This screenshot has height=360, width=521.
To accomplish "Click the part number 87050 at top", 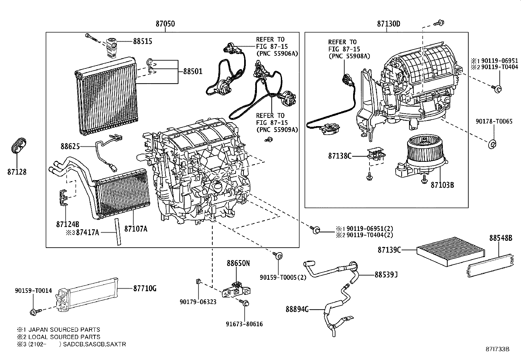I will pyautogui.click(x=165, y=24).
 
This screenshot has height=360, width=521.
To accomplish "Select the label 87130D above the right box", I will pyautogui.click(x=388, y=24).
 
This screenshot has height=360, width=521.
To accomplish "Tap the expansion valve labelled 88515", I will pyautogui.click(x=110, y=46).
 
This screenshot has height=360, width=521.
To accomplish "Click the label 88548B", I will pyautogui.click(x=500, y=238).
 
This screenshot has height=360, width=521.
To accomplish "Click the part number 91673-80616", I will pyautogui.click(x=244, y=324).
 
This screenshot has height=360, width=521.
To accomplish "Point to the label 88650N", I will pyautogui.click(x=238, y=263).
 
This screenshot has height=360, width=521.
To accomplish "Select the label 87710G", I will pyautogui.click(x=145, y=289).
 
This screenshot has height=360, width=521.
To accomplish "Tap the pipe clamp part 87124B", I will pyautogui.click(x=64, y=197).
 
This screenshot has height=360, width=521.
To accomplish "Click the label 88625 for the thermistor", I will pyautogui.click(x=70, y=146).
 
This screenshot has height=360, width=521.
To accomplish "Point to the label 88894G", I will pyautogui.click(x=297, y=309).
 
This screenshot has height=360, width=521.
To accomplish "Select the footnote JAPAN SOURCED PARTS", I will pyautogui.click(x=64, y=330).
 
